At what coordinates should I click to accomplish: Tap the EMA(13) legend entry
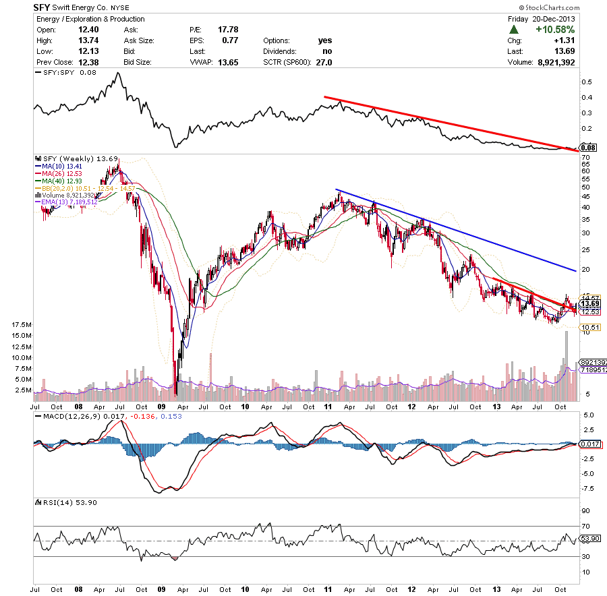pos(71,202)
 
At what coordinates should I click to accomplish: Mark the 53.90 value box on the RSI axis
pos(590,539)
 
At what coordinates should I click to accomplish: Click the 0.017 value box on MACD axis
pos(590,444)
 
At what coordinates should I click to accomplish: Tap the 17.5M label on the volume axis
pos(20,324)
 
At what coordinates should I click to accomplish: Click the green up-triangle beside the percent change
pos(514,30)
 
